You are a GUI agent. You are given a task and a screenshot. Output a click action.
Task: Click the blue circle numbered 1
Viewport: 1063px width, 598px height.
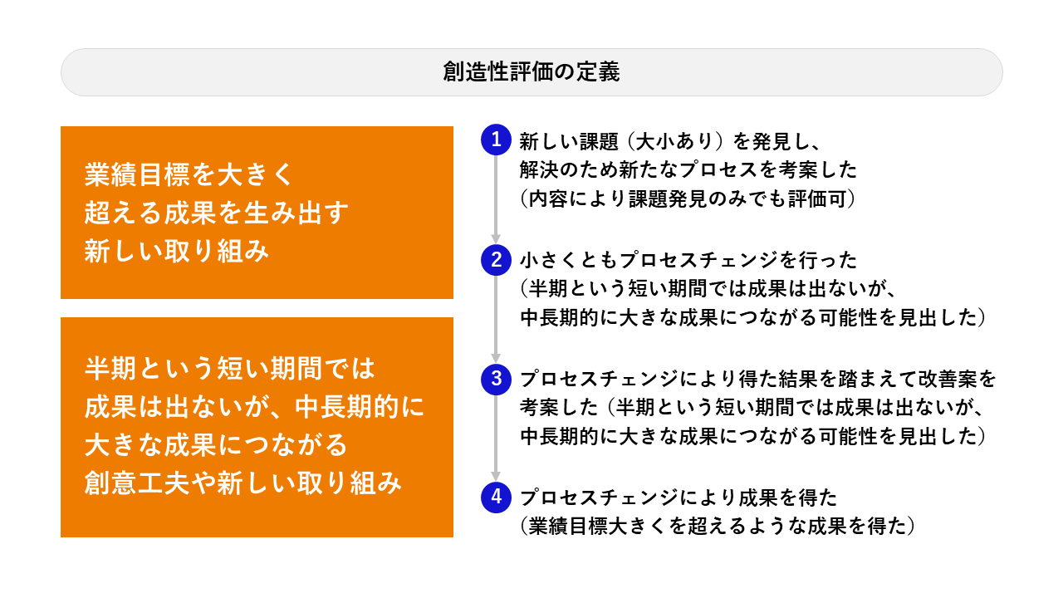[496, 140]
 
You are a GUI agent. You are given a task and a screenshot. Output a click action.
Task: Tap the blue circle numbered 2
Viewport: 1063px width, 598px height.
[496, 260]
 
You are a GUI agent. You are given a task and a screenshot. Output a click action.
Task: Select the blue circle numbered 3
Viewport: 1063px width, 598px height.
[496, 380]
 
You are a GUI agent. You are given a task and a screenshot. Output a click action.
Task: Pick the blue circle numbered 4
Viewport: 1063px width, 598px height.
[496, 498]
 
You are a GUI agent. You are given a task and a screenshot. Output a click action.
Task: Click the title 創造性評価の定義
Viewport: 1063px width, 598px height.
[531, 72]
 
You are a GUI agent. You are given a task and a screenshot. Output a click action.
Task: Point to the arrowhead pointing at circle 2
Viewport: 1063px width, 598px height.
[496, 238]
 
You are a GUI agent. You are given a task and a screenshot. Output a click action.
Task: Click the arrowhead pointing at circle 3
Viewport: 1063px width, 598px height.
[496, 358]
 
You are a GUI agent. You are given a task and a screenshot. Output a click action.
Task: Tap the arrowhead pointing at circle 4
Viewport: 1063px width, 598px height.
[496, 477]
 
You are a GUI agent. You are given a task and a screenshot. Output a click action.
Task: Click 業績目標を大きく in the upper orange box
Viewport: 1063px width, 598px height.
[189, 174]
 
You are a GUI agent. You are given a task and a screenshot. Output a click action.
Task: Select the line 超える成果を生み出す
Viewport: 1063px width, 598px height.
[217, 213]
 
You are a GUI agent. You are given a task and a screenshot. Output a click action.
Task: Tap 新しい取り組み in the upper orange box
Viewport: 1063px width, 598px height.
[177, 251]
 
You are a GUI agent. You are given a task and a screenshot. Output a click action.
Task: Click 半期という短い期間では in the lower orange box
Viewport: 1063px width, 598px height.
[230, 368]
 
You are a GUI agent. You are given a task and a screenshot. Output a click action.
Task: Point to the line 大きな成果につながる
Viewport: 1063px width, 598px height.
[216, 444]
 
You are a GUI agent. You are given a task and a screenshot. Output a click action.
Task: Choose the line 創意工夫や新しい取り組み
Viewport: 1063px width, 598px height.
[243, 483]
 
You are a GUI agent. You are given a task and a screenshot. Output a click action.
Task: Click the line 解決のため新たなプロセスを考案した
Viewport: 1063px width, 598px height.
[688, 170]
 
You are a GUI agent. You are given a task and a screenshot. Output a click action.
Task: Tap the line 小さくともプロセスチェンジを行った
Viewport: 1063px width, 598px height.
[688, 260]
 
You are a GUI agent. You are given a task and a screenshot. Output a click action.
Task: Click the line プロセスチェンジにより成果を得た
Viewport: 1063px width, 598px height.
[678, 498]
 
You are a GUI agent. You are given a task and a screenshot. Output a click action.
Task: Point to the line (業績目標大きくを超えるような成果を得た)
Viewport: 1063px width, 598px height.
[718, 527]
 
